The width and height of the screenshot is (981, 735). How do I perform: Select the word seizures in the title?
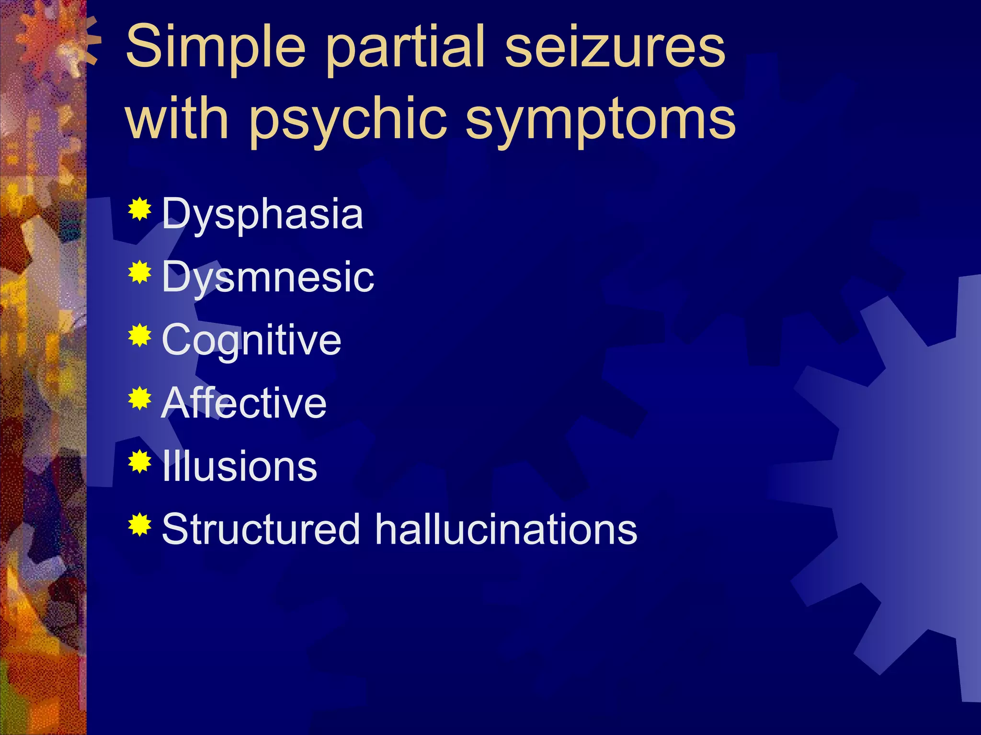(x=615, y=47)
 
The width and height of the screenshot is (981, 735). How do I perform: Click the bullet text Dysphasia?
(x=262, y=214)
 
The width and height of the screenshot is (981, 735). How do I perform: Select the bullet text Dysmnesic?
(x=268, y=278)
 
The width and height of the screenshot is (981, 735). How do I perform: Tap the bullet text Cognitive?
(x=251, y=341)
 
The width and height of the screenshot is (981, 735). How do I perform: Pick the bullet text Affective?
(x=244, y=403)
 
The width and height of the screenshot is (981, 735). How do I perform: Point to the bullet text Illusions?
(x=240, y=466)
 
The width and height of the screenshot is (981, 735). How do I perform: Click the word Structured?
(x=261, y=529)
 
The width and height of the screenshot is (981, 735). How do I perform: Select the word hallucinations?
(x=506, y=529)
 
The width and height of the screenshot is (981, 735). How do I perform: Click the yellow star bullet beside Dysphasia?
(x=139, y=209)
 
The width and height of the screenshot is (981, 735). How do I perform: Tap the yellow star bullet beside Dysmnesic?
(x=139, y=272)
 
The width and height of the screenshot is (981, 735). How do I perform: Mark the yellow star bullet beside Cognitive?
(x=139, y=335)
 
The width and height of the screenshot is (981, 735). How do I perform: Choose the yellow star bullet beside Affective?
(x=139, y=398)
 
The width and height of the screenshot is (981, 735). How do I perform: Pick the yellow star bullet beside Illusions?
(x=139, y=461)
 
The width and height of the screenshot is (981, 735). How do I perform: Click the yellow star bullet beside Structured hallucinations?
(x=139, y=524)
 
